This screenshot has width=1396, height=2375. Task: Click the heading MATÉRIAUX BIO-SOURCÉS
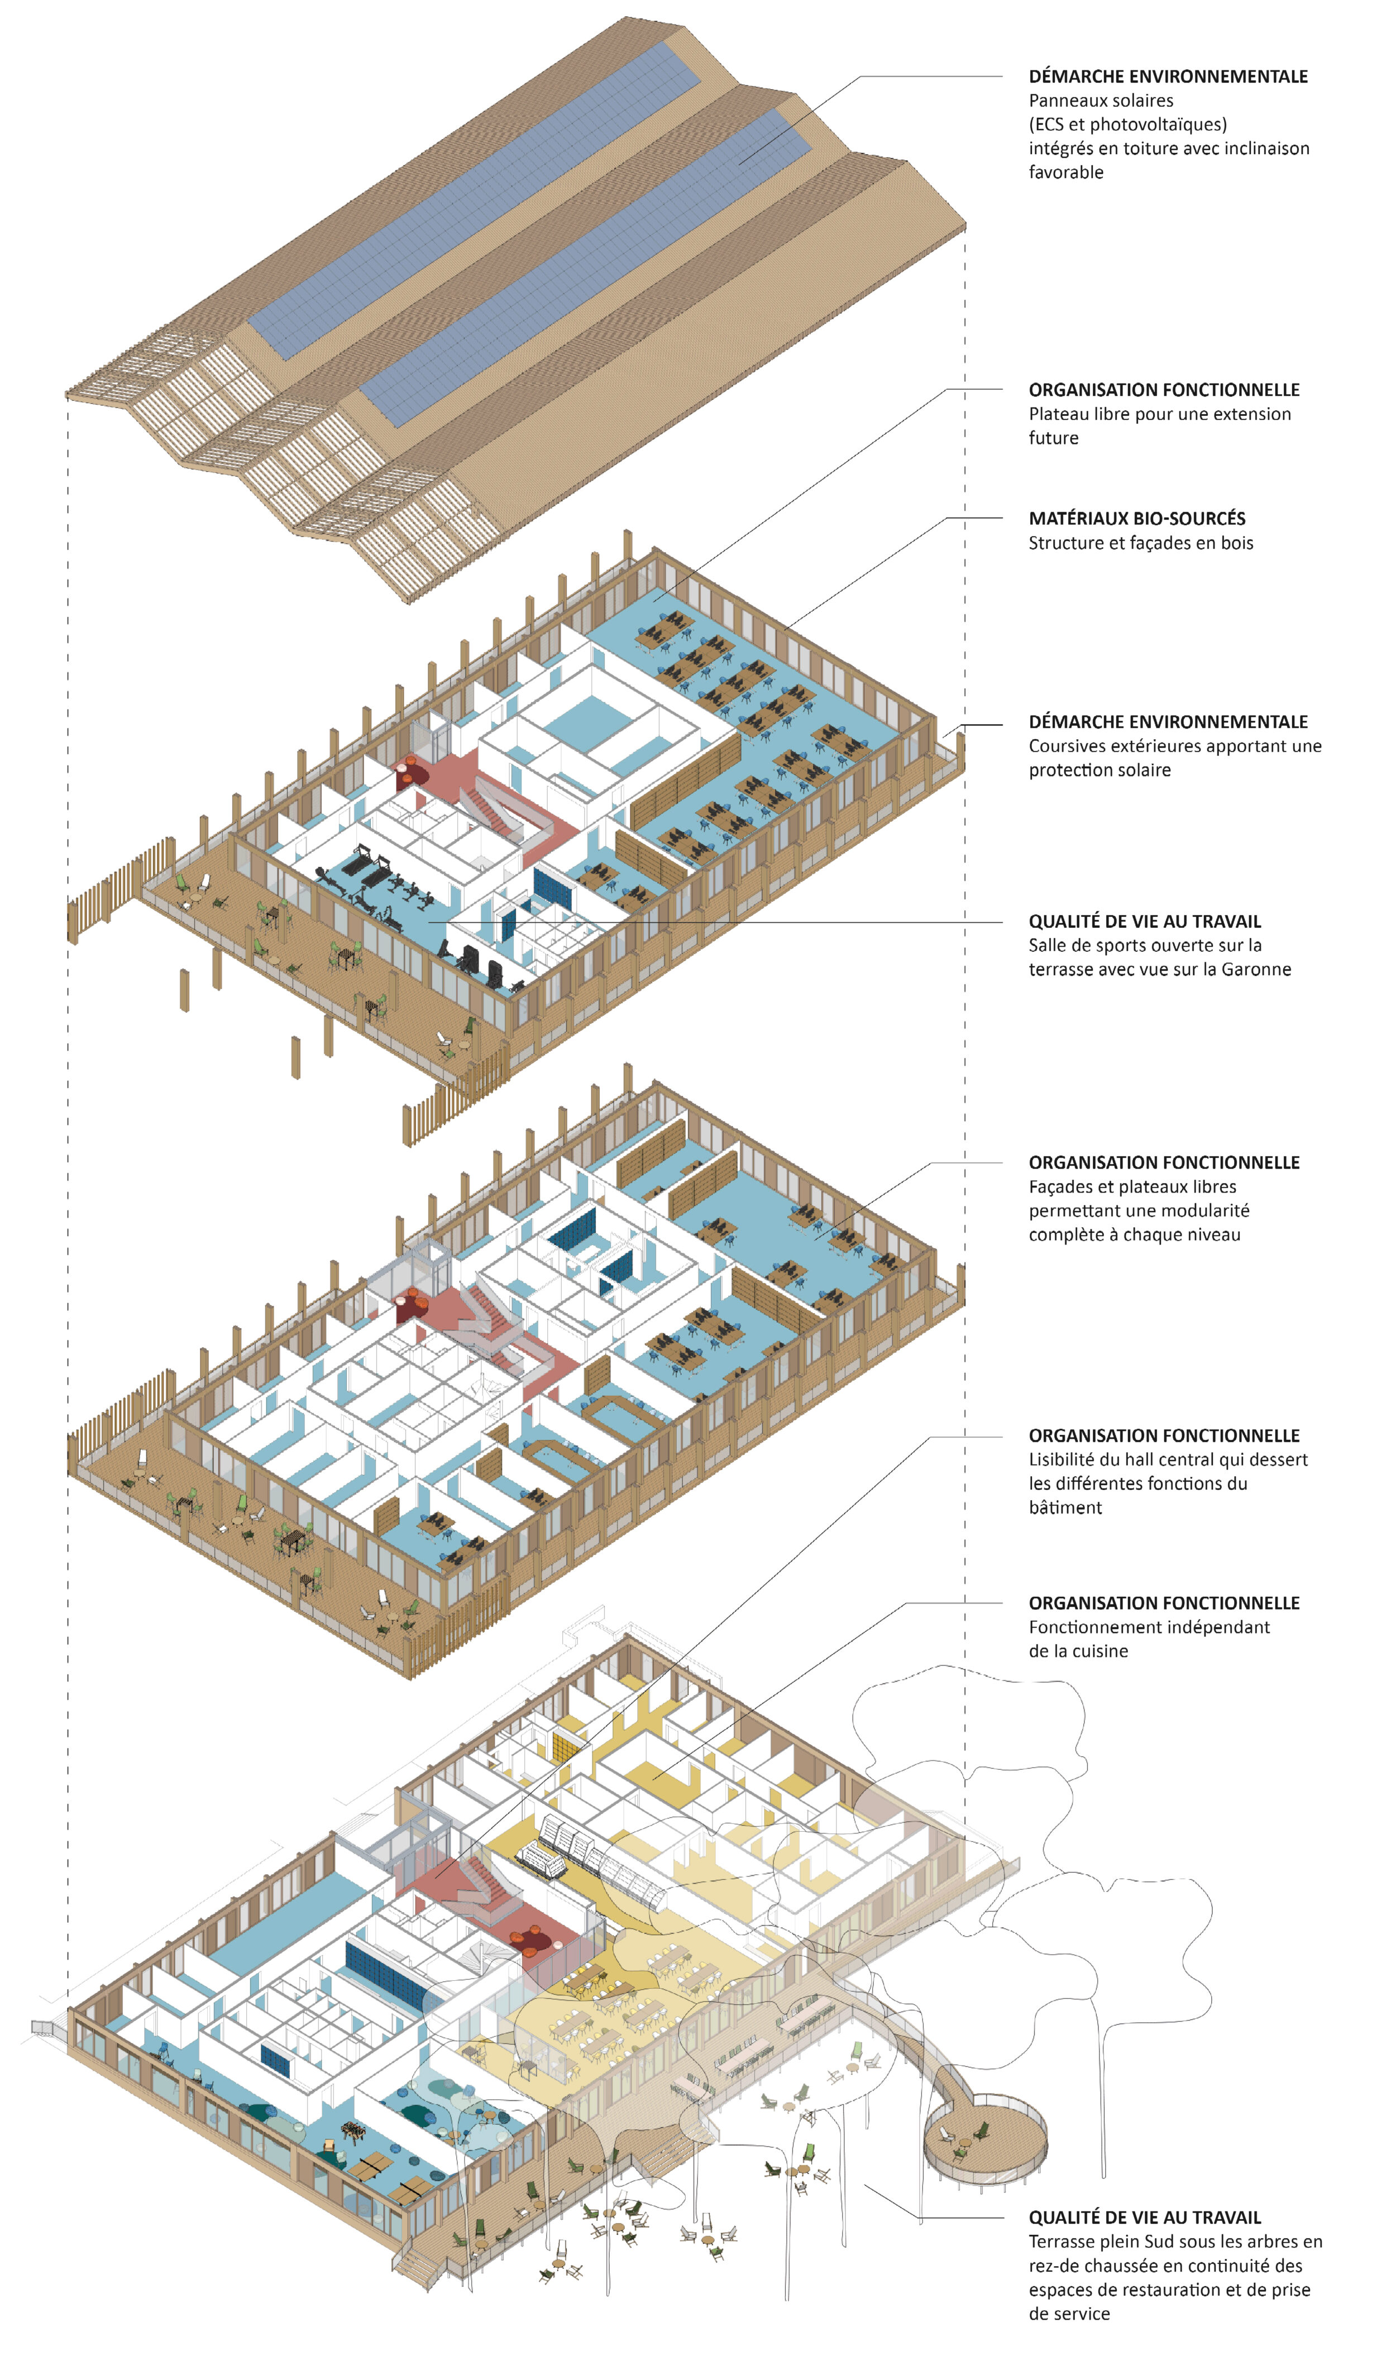click(x=1137, y=518)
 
